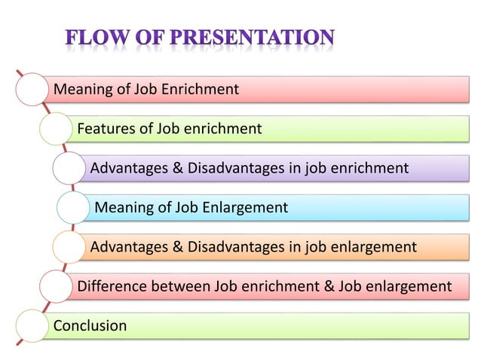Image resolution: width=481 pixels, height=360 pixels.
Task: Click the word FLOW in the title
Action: coord(95,37)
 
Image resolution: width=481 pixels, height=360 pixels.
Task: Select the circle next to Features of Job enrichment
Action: coord(55,129)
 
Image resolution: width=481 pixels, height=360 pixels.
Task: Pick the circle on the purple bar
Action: coord(69,168)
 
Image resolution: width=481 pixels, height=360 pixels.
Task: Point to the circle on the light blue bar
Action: coord(73,207)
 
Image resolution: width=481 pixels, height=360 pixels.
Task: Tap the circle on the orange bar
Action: coord(69,246)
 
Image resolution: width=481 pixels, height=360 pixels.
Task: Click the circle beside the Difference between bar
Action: coord(55,286)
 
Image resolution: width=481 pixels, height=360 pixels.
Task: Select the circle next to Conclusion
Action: coord(30,325)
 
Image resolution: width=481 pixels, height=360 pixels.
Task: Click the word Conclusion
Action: coord(90,326)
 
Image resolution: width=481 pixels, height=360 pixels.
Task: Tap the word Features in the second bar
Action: coord(106,129)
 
